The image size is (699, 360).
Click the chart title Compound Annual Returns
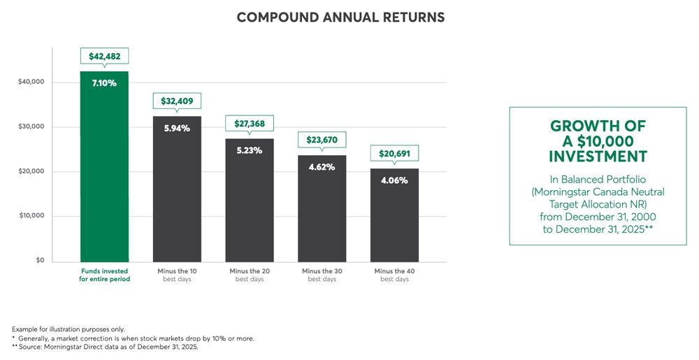(340, 17)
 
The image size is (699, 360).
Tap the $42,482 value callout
(104, 57)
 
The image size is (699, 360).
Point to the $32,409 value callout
(177, 101)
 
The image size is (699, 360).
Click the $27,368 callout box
(250, 123)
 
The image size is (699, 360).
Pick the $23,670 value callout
(322, 140)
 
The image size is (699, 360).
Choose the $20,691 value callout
(395, 153)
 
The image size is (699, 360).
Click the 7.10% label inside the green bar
(104, 83)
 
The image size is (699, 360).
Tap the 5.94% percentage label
(177, 128)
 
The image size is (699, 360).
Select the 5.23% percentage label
(250, 150)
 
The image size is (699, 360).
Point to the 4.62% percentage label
(322, 167)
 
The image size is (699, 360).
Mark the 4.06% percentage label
(395, 180)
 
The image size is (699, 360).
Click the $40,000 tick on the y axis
(31, 82)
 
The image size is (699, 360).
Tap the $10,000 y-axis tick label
(31, 216)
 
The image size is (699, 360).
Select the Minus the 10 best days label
(177, 275)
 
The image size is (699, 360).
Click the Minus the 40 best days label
(395, 275)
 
